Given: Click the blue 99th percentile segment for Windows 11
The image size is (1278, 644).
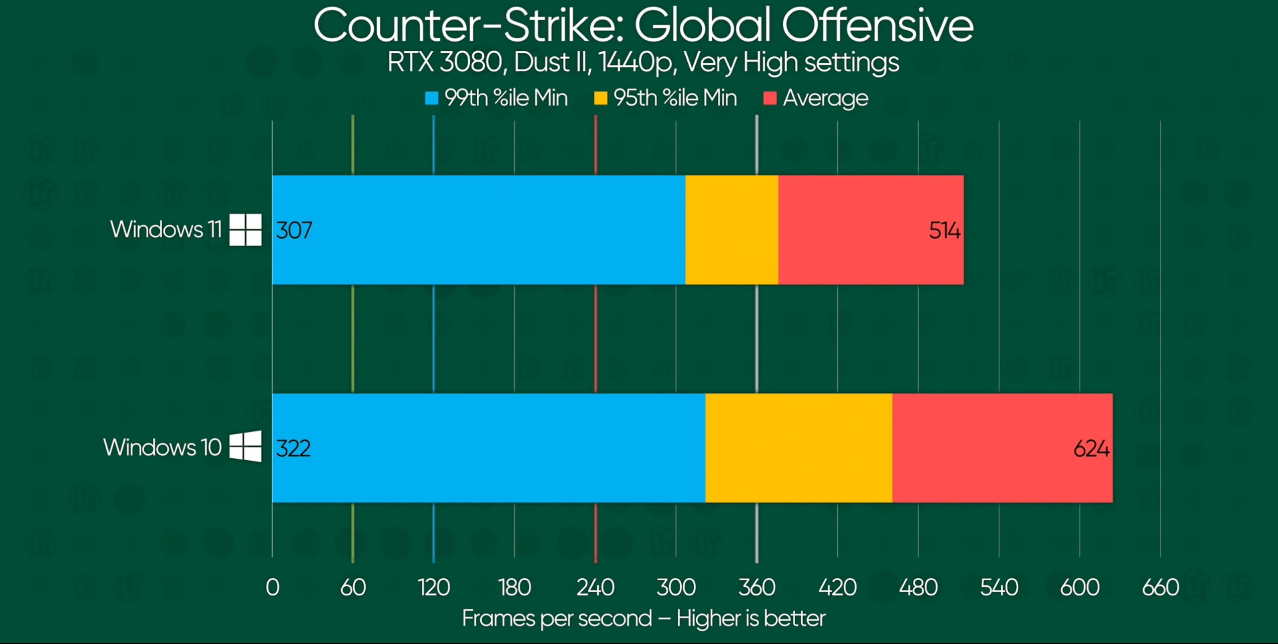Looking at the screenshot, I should point(477,230).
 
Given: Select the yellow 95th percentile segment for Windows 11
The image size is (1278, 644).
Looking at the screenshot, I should point(731,230).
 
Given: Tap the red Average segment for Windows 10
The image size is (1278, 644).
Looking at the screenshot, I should point(1002,448).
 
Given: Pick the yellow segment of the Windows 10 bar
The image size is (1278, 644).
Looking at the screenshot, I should point(799,448).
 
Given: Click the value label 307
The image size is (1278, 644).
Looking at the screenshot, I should point(294,231).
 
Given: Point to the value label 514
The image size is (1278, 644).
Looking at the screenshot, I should point(944,231).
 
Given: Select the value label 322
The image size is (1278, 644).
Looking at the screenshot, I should point(293,448).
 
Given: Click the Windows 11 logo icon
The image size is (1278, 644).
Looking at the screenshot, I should point(246,230).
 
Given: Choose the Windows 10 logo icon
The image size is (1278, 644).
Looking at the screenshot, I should point(246,446).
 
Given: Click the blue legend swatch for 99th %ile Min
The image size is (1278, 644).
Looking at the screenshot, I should point(432,98).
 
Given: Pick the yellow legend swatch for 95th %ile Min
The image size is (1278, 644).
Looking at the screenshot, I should point(600,98).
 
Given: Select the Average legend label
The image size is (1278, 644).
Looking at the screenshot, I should point(825,98).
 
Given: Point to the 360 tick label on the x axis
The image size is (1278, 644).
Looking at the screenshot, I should point(757,587).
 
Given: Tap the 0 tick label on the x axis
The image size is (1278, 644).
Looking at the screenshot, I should point(272,587).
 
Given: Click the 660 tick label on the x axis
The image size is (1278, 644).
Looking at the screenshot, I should point(1160,587).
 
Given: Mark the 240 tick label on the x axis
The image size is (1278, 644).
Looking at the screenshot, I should point(595,587).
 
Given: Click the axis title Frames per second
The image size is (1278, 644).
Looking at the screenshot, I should point(557,618).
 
